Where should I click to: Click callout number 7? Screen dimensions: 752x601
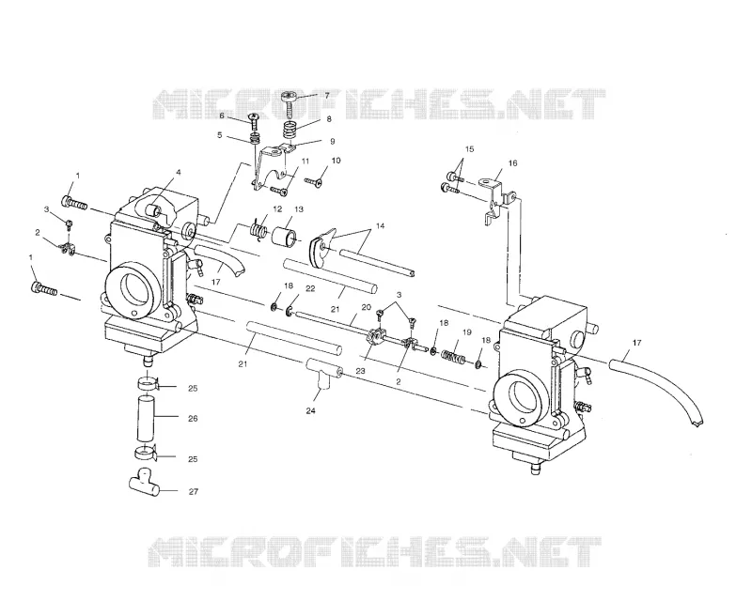click(327, 96)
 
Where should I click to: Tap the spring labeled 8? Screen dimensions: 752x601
click(290, 130)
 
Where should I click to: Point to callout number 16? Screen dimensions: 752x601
click(512, 163)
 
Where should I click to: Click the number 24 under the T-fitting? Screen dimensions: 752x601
click(311, 410)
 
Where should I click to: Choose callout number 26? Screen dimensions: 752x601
click(193, 419)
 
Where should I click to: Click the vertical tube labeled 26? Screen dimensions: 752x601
click(148, 419)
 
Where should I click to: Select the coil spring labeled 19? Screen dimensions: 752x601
click(454, 357)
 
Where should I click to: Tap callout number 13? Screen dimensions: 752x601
click(299, 209)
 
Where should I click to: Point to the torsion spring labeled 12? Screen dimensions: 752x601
click(260, 228)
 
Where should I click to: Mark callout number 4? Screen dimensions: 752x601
click(178, 172)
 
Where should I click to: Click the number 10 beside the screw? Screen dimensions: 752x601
click(336, 161)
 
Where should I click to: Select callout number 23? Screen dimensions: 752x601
click(360, 371)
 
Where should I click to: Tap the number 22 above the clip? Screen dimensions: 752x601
click(310, 288)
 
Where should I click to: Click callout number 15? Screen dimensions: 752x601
click(469, 149)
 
